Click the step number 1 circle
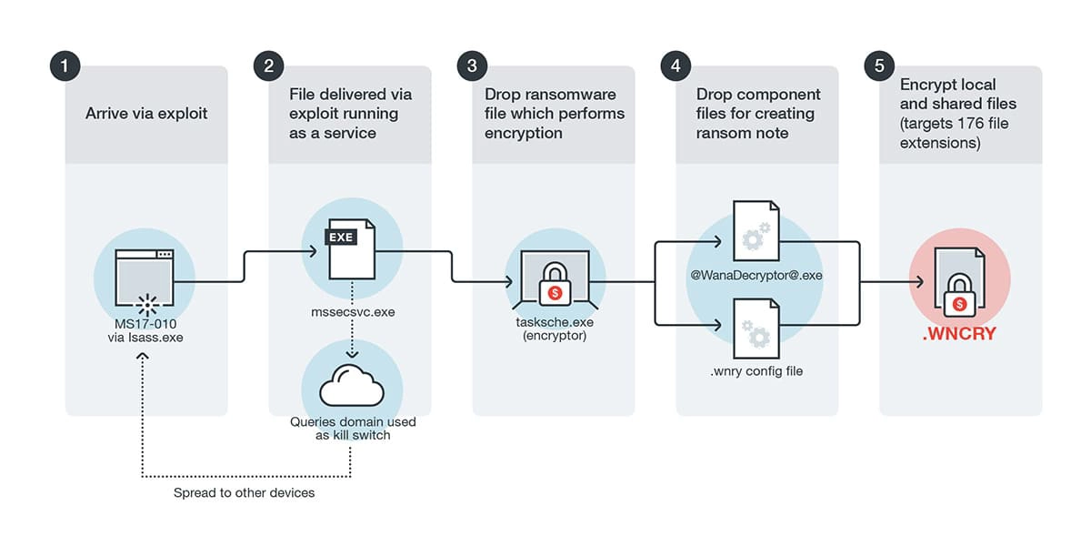[65, 66]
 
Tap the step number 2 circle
[269, 66]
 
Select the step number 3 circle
[472, 66]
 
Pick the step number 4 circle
[676, 66]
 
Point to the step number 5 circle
[879, 66]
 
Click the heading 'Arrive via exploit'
[146, 114]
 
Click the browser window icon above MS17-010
[145, 269]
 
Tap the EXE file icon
[349, 249]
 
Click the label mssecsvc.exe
[349, 311]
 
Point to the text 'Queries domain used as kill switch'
[351, 429]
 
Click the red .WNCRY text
[959, 334]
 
